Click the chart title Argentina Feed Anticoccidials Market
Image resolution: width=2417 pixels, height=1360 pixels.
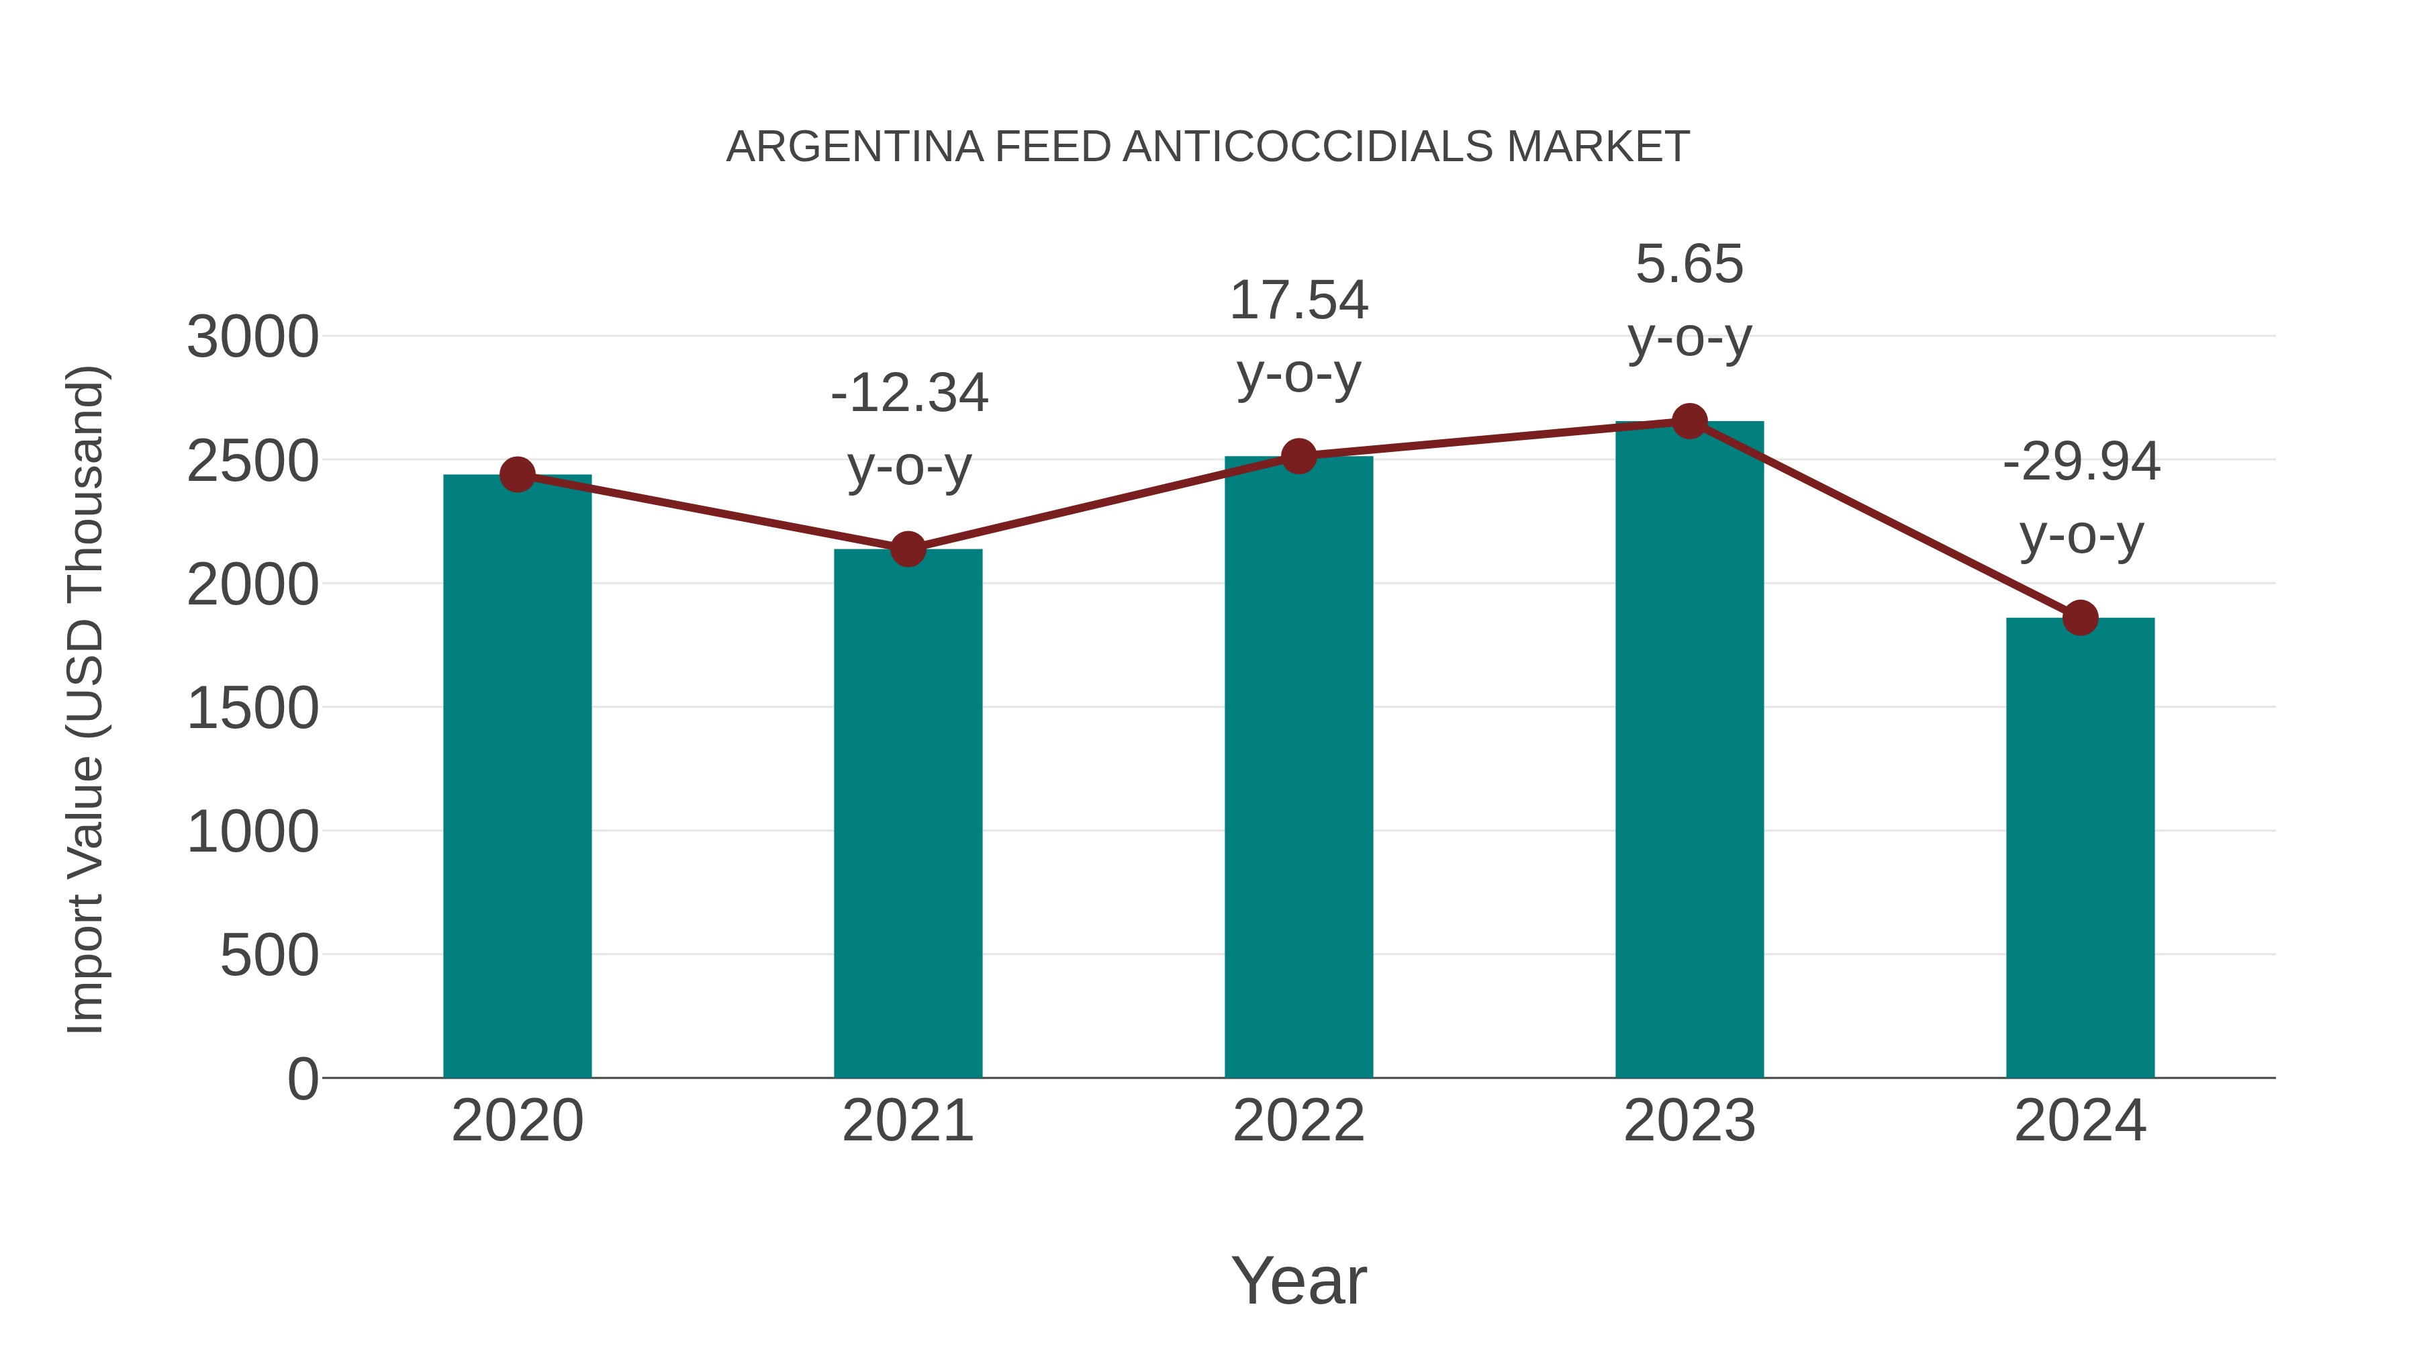(x=1208, y=147)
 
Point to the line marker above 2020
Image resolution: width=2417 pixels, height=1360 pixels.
(x=517, y=475)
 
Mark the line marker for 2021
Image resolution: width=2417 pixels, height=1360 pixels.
(x=907, y=549)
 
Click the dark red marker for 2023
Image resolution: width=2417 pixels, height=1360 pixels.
(x=1689, y=421)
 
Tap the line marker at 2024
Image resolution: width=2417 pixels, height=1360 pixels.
(x=2080, y=618)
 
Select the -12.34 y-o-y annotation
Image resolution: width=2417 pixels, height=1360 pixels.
(x=908, y=429)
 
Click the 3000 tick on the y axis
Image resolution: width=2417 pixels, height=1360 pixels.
(x=252, y=337)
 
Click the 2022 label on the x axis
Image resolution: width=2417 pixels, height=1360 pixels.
(x=1298, y=1121)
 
